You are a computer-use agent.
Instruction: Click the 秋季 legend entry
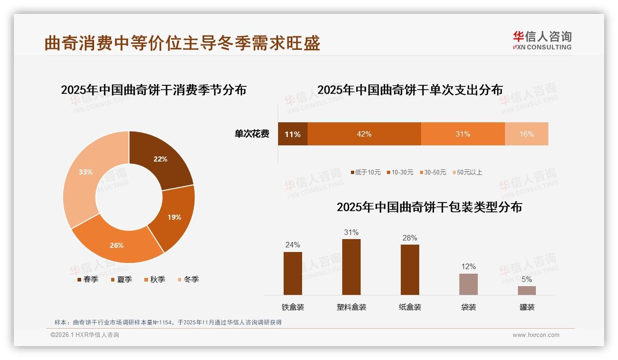tap(154, 280)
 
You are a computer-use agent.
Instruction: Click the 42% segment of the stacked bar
tap(364, 134)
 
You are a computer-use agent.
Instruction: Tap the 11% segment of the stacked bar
tap(292, 134)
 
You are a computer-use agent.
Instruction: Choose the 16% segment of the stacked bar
tap(526, 134)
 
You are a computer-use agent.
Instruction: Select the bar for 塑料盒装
tap(351, 267)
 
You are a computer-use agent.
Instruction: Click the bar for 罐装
tap(527, 290)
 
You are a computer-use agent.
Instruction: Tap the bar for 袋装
tap(468, 284)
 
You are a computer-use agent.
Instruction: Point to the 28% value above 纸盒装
tap(410, 238)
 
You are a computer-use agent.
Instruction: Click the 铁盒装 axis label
tap(293, 307)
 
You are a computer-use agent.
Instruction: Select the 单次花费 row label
tap(252, 134)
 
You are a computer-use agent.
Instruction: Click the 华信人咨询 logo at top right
tap(542, 41)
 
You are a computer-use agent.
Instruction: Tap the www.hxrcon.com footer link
tap(536, 335)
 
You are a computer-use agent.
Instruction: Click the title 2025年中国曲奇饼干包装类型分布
tap(429, 207)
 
